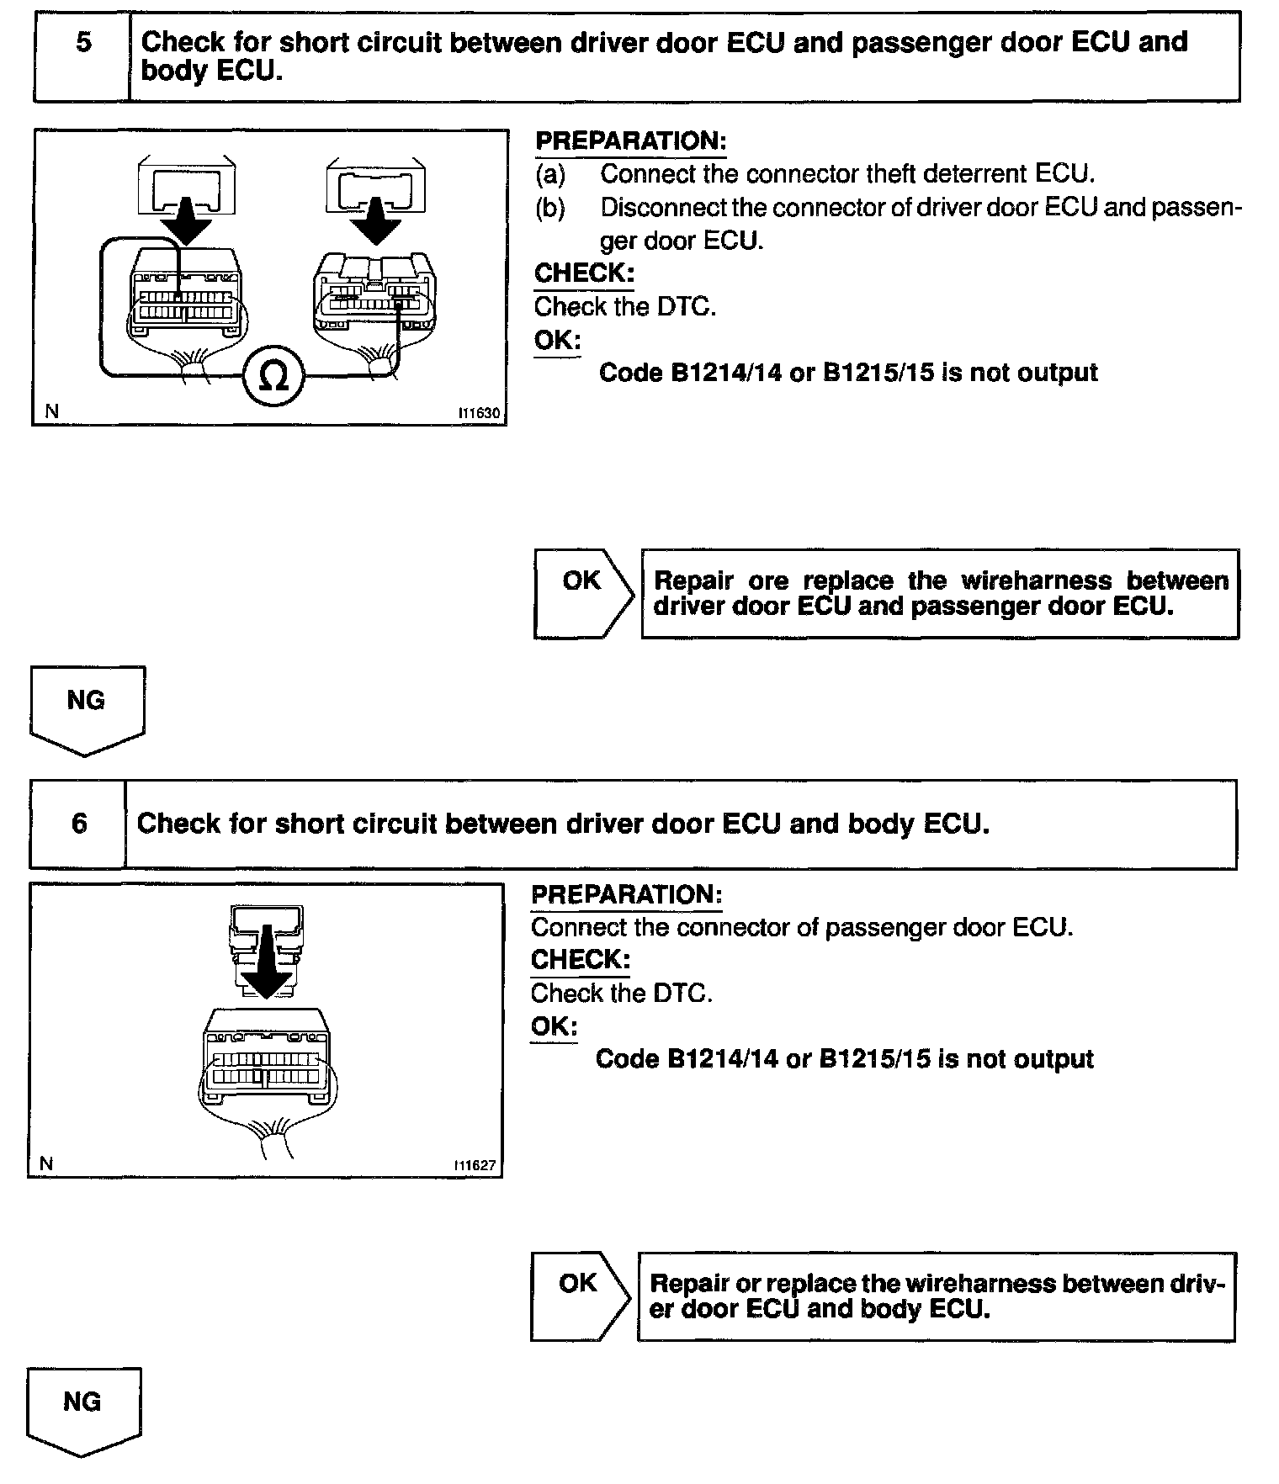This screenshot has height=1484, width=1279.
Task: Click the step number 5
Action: click(x=83, y=42)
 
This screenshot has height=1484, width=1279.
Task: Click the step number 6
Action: click(x=79, y=823)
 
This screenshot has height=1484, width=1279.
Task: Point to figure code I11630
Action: click(x=479, y=414)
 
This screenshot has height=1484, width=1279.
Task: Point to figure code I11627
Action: click(x=475, y=1166)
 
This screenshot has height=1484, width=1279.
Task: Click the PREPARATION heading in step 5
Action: click(x=630, y=140)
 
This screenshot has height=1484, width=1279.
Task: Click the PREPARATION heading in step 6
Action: click(x=626, y=894)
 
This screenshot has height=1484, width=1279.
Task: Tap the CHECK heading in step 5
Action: click(x=584, y=273)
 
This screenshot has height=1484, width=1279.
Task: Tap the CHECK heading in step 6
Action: click(x=580, y=960)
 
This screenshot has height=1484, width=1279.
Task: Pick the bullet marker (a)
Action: click(x=550, y=174)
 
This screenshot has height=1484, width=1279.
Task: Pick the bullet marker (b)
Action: click(x=550, y=207)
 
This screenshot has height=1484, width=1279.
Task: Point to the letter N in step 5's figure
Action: click(x=52, y=411)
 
